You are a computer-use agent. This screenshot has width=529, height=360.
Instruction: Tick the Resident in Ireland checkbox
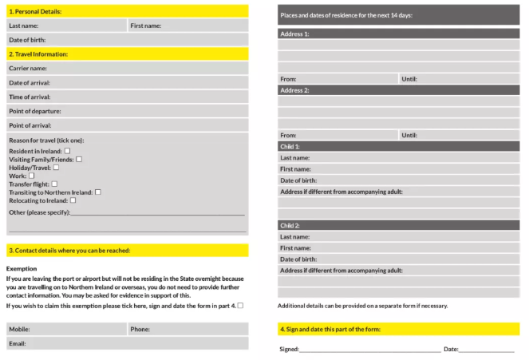(67, 150)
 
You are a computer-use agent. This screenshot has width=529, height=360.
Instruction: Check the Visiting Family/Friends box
(79, 159)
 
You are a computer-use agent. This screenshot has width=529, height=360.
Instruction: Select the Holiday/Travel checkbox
(56, 167)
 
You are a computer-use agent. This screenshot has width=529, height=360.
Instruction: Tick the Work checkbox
(32, 176)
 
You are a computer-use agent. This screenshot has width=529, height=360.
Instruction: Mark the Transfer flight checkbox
(54, 184)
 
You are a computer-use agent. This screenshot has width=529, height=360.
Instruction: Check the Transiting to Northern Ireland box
(97, 192)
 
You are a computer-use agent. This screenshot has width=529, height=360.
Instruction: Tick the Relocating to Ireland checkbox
(73, 200)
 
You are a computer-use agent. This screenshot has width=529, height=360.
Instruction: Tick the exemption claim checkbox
(240, 305)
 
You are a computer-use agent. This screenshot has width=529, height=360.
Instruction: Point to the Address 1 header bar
(398, 34)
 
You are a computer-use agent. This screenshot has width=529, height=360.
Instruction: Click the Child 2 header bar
(398, 226)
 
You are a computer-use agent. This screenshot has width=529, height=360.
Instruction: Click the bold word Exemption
(22, 269)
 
